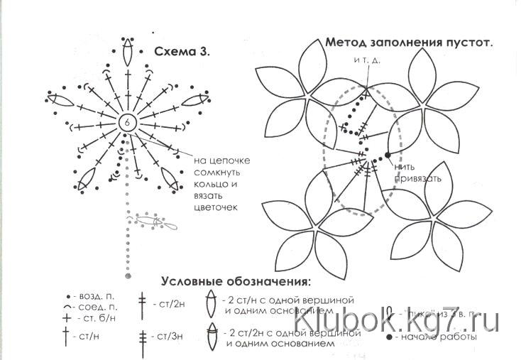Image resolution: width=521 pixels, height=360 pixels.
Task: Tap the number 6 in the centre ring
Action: pyautogui.click(x=127, y=121)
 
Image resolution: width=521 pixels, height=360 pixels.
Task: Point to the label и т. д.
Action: pyautogui.click(x=367, y=60)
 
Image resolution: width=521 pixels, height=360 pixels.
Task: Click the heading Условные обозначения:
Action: pyautogui.click(x=236, y=280)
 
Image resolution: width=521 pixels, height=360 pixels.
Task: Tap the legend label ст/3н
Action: pyautogui.click(x=170, y=335)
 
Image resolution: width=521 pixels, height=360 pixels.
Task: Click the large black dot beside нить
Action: pyautogui.click(x=388, y=153)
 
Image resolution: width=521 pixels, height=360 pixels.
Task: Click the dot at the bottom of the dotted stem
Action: pyautogui.click(x=128, y=274)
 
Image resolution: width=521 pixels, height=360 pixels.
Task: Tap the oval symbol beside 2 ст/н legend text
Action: pyautogui.click(x=211, y=303)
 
